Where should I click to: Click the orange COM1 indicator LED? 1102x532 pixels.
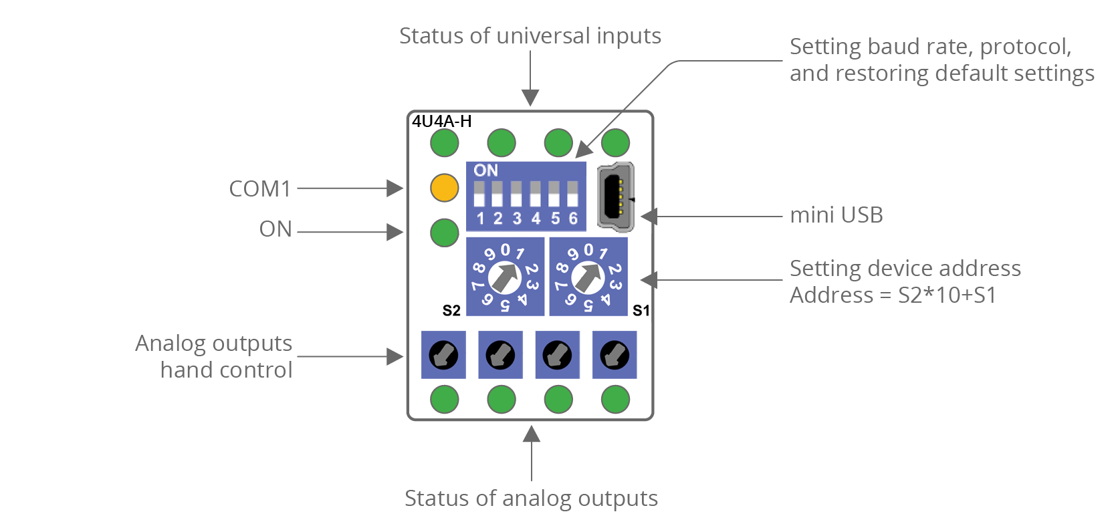point(444,188)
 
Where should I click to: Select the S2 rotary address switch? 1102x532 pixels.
point(505,277)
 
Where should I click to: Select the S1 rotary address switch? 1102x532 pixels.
point(588,277)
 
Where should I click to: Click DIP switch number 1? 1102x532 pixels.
point(479,194)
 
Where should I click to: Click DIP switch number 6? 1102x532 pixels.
point(572,194)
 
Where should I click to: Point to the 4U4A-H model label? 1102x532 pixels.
point(441,122)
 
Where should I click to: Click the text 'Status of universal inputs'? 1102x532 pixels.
point(530,36)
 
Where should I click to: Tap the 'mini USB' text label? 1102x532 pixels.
point(836,215)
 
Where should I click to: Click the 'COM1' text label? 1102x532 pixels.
point(260,189)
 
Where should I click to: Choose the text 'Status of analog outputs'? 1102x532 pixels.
point(531,499)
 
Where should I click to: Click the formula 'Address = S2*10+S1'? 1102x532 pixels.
point(893,295)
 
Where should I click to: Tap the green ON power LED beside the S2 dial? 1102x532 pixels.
point(444,233)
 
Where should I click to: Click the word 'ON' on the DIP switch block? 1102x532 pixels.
point(486,170)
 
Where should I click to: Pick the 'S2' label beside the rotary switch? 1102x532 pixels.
point(451,311)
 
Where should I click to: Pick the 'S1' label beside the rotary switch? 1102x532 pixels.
point(641,311)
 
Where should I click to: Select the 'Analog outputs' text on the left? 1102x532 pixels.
point(213,344)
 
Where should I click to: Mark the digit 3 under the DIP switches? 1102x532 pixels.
point(517,219)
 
